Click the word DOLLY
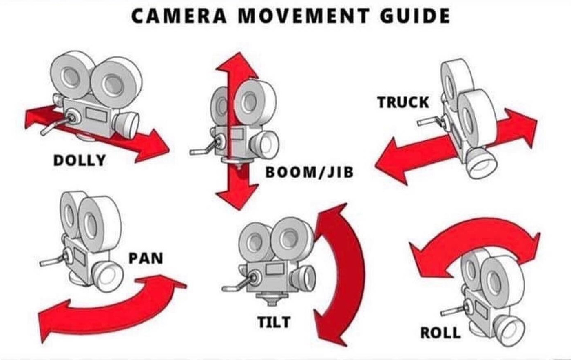(x=80, y=160)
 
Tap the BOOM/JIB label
(x=309, y=172)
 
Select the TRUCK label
(x=403, y=102)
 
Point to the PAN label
(x=146, y=258)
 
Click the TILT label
(x=274, y=322)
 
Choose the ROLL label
(x=440, y=333)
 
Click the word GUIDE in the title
(x=415, y=16)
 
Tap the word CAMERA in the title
(x=178, y=16)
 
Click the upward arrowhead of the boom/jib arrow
(x=236, y=65)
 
